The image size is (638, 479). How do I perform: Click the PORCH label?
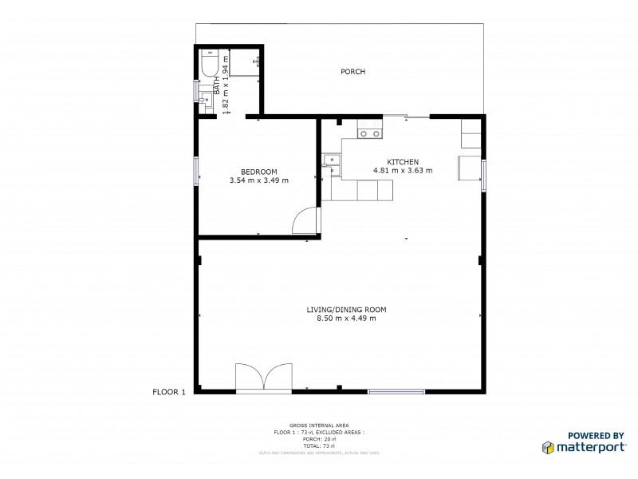click(352, 72)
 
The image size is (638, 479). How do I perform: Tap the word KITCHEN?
click(403, 161)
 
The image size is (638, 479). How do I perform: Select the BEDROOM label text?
click(258, 172)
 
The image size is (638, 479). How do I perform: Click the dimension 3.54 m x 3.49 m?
click(258, 180)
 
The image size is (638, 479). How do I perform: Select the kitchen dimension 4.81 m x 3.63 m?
click(403, 170)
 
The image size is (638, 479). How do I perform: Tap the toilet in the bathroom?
click(210, 63)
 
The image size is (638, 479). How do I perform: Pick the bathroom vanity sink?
click(207, 98)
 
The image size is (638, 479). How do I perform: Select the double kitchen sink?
click(331, 165)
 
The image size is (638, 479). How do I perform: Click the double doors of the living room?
click(262, 377)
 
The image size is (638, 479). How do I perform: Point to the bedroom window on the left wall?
click(196, 171)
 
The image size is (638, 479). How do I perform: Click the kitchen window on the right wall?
click(483, 175)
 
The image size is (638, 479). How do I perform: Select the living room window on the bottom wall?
click(396, 391)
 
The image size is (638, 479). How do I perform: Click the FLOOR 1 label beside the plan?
click(169, 392)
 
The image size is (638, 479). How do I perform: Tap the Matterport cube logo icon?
click(549, 446)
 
